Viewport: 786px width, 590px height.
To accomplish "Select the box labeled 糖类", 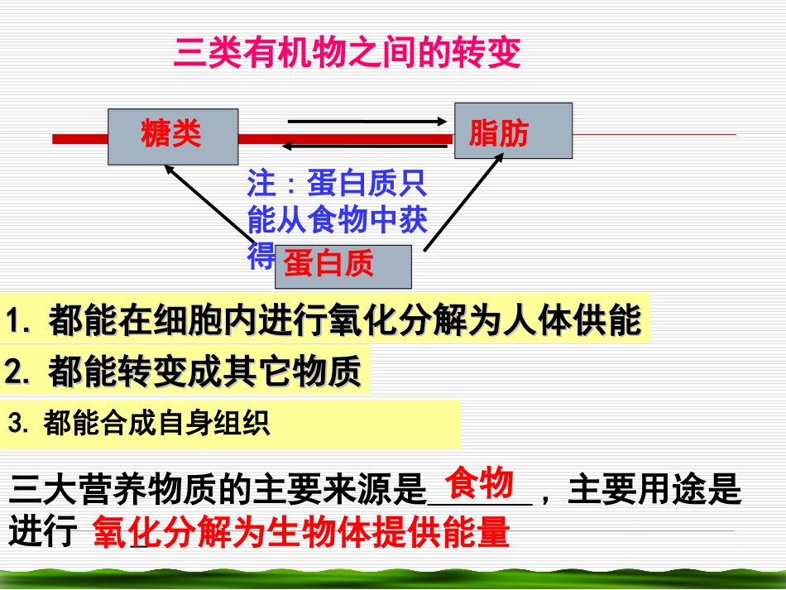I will (x=173, y=137).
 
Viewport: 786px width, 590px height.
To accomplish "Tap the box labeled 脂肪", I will (x=513, y=131).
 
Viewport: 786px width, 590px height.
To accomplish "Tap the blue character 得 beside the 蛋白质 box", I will (x=260, y=257).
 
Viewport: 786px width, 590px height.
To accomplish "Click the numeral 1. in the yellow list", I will (x=18, y=322).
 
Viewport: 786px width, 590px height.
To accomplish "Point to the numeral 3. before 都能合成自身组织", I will (x=18, y=425).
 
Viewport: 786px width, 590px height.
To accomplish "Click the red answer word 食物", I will (x=479, y=482).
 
